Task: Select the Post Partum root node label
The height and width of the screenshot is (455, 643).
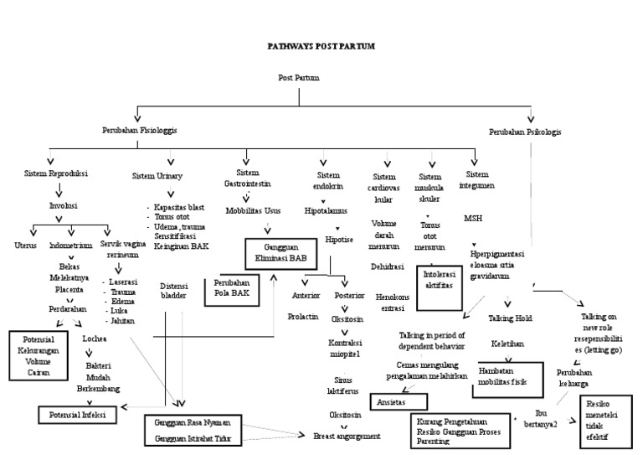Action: click(298, 78)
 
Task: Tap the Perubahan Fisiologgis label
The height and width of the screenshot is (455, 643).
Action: click(140, 131)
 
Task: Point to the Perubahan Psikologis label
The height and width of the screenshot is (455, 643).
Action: click(525, 132)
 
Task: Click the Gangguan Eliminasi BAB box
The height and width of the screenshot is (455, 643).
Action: click(280, 254)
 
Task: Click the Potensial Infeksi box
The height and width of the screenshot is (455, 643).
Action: click(80, 414)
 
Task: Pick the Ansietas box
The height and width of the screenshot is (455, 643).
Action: click(399, 401)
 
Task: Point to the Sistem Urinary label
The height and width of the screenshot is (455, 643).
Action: click(157, 176)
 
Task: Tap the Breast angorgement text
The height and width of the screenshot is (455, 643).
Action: click(347, 437)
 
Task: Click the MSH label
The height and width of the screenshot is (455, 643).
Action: click(473, 218)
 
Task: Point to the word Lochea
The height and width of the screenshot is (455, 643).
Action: click(94, 339)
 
